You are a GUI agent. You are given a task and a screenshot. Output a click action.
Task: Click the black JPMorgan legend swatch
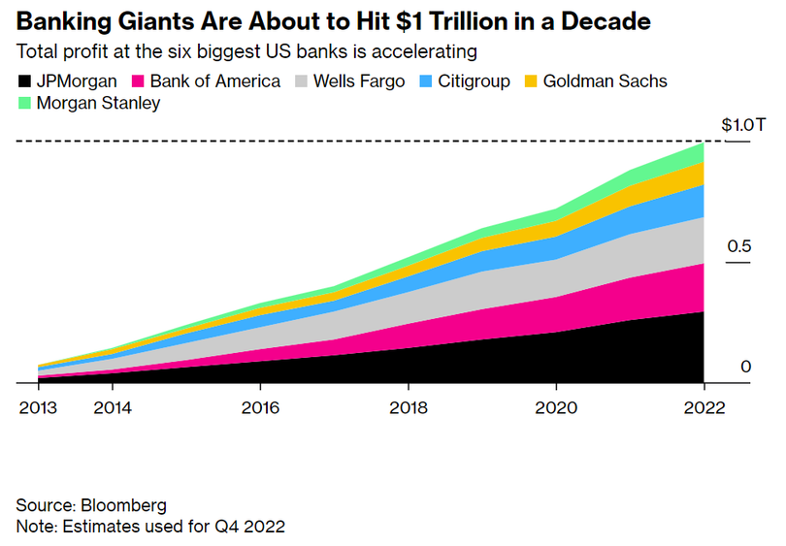[x=23, y=81]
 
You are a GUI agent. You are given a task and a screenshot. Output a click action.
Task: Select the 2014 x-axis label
[x=112, y=407]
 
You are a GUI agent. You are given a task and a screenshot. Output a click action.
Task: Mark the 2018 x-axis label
[x=408, y=407]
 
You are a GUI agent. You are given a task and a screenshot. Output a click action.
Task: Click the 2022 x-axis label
[x=703, y=407]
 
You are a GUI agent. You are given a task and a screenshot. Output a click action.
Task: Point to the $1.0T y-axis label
[x=743, y=126]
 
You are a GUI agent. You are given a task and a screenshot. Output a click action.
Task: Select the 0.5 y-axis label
[x=739, y=247]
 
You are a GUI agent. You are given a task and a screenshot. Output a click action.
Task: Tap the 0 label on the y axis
[x=745, y=367]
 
